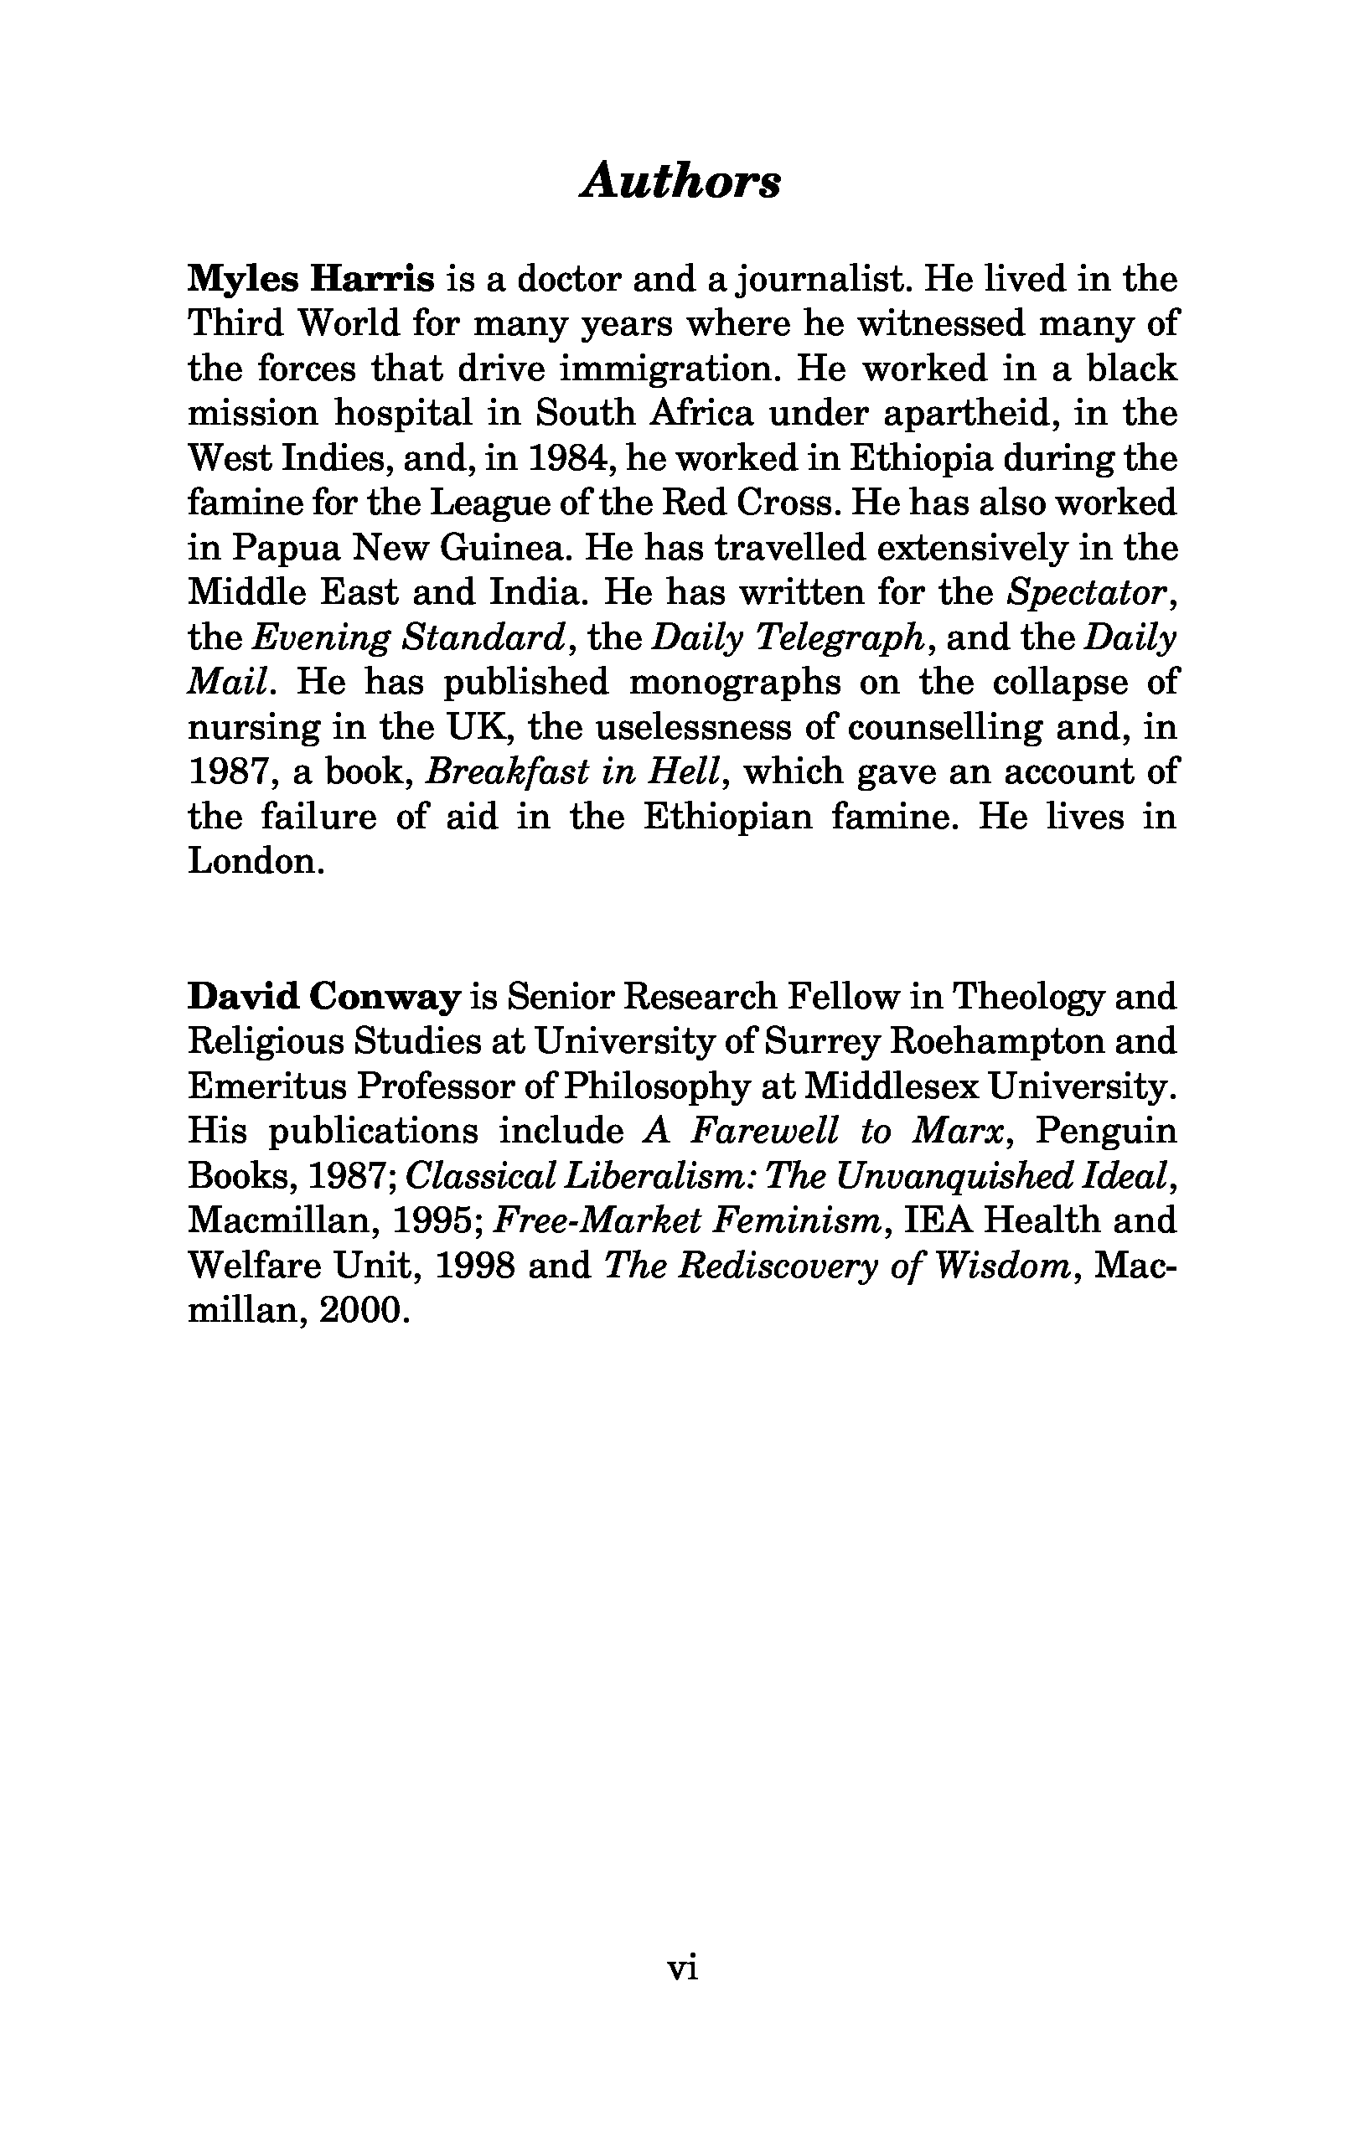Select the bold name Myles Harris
311,280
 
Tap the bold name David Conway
324,997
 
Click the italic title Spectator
1086,592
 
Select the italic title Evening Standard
409,637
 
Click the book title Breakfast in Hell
571,771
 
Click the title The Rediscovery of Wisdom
836,1266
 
